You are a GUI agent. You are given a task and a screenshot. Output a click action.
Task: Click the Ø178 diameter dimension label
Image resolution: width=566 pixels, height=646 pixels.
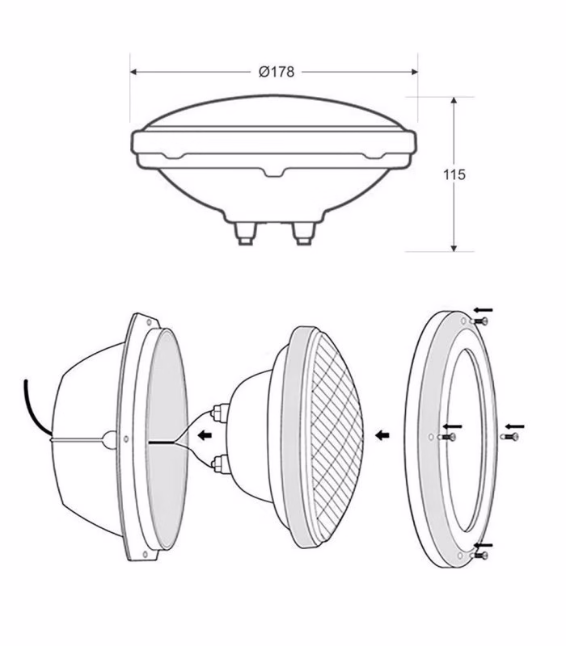pyautogui.click(x=277, y=72)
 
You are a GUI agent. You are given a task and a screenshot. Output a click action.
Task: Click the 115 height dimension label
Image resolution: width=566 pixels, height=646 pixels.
pyautogui.click(x=454, y=174)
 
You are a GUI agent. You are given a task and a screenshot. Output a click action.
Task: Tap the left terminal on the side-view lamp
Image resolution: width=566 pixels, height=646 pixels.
pyautogui.click(x=245, y=233)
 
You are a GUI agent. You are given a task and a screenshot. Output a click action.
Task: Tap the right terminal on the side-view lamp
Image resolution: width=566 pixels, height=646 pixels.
pyautogui.click(x=303, y=233)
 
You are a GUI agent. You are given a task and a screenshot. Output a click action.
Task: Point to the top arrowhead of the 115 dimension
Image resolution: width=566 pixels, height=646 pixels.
pyautogui.click(x=454, y=101)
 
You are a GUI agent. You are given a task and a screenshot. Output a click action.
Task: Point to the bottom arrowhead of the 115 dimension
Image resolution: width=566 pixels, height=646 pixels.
pyautogui.click(x=454, y=247)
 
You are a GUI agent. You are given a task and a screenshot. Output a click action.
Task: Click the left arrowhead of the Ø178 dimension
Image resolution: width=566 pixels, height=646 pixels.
pyautogui.click(x=133, y=72)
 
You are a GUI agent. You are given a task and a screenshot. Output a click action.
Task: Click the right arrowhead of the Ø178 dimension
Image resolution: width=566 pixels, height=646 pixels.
pyautogui.click(x=414, y=72)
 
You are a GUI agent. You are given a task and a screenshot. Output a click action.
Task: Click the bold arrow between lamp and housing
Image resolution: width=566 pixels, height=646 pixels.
pyautogui.click(x=205, y=435)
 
